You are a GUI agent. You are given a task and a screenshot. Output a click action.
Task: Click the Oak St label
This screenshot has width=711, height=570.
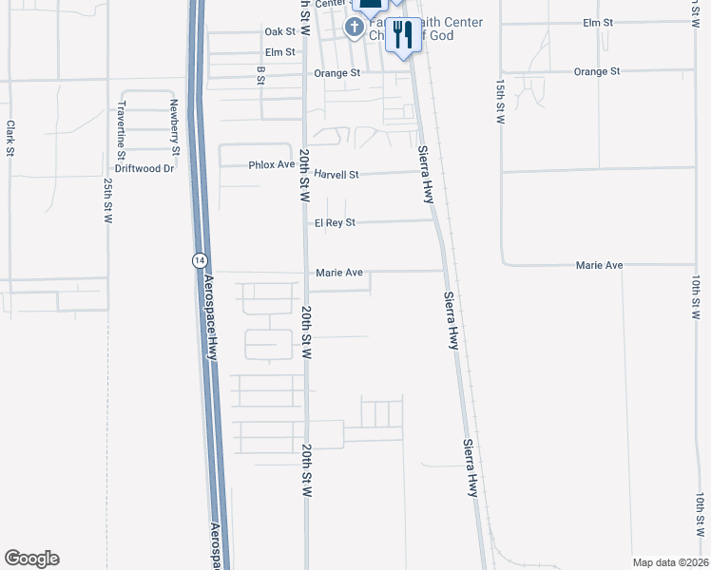(x=280, y=31)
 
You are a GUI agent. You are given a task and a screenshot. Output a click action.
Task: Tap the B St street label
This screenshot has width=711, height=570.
(x=259, y=75)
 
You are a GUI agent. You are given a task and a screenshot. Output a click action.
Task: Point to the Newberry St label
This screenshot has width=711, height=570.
(x=175, y=126)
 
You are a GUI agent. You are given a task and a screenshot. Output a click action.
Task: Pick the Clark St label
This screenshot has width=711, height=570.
(x=10, y=138)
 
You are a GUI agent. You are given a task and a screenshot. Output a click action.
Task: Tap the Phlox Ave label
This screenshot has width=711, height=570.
(x=272, y=164)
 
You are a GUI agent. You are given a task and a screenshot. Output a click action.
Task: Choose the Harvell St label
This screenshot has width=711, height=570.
(x=336, y=175)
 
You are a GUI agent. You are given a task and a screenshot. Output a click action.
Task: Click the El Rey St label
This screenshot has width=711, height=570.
(x=335, y=222)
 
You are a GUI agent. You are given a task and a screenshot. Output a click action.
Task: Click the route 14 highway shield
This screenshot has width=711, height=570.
(x=199, y=259)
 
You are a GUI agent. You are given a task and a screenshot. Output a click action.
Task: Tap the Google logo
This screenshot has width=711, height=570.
(x=31, y=559)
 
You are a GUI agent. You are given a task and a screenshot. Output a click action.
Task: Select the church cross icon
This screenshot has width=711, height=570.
(x=354, y=28)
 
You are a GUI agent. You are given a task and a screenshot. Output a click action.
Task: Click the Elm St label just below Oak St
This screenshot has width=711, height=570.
(x=280, y=52)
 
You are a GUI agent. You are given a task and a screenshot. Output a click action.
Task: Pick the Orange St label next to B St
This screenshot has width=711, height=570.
(x=337, y=72)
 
